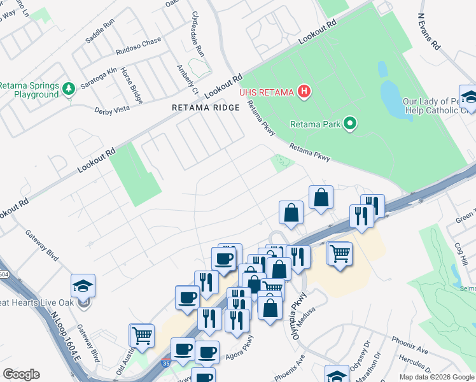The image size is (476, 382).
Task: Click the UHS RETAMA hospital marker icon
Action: (x=304, y=92)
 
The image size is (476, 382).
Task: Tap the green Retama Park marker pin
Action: (x=349, y=124)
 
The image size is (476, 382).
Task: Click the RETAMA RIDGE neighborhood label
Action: (x=206, y=108)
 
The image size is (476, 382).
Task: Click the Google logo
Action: (x=21, y=374)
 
